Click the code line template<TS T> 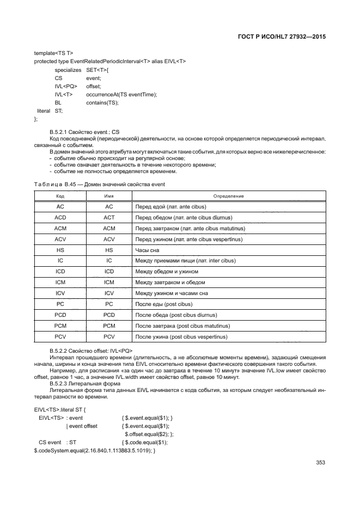tap(53, 53)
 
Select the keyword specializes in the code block tap(68, 70)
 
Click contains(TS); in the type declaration tap(102, 102)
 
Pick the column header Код tap(60, 196)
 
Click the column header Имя tap(109, 196)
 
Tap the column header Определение tap(228, 196)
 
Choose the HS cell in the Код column tap(60, 250)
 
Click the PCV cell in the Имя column tap(109, 336)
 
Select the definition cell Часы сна tap(147, 250)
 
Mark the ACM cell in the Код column tap(60, 229)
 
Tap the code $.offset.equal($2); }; tap(149, 434)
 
